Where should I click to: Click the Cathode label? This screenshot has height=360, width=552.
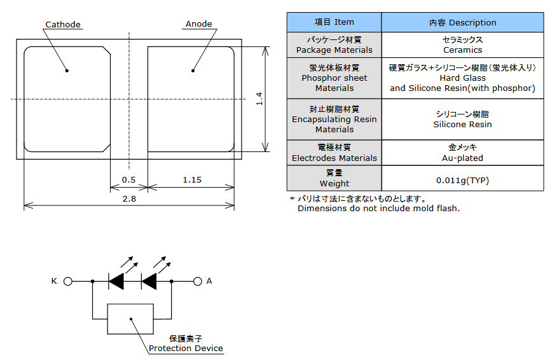[63, 25]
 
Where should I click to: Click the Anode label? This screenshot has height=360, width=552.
[198, 25]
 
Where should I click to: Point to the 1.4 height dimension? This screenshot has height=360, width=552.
[259, 99]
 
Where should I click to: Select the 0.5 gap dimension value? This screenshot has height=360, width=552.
[128, 180]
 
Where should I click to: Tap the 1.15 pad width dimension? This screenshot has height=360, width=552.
[191, 180]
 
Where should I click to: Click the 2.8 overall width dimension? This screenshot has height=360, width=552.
[129, 198]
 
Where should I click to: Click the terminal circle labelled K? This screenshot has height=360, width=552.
[68, 281]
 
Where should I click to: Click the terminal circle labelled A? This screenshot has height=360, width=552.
[197, 281]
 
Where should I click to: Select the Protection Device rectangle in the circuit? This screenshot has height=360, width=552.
[131, 319]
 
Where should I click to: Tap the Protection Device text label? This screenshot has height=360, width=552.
[186, 348]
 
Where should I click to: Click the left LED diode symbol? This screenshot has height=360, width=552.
[116, 281]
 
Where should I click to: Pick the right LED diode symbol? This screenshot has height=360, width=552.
[149, 281]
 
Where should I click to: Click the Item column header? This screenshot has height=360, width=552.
[335, 22]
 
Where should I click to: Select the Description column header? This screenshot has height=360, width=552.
[462, 22]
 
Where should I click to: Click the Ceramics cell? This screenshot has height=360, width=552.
[462, 45]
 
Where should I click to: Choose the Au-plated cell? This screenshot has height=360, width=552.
[462, 153]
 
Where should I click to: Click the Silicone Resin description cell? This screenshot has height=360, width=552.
[462, 120]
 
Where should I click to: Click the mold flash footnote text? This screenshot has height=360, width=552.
[378, 208]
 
